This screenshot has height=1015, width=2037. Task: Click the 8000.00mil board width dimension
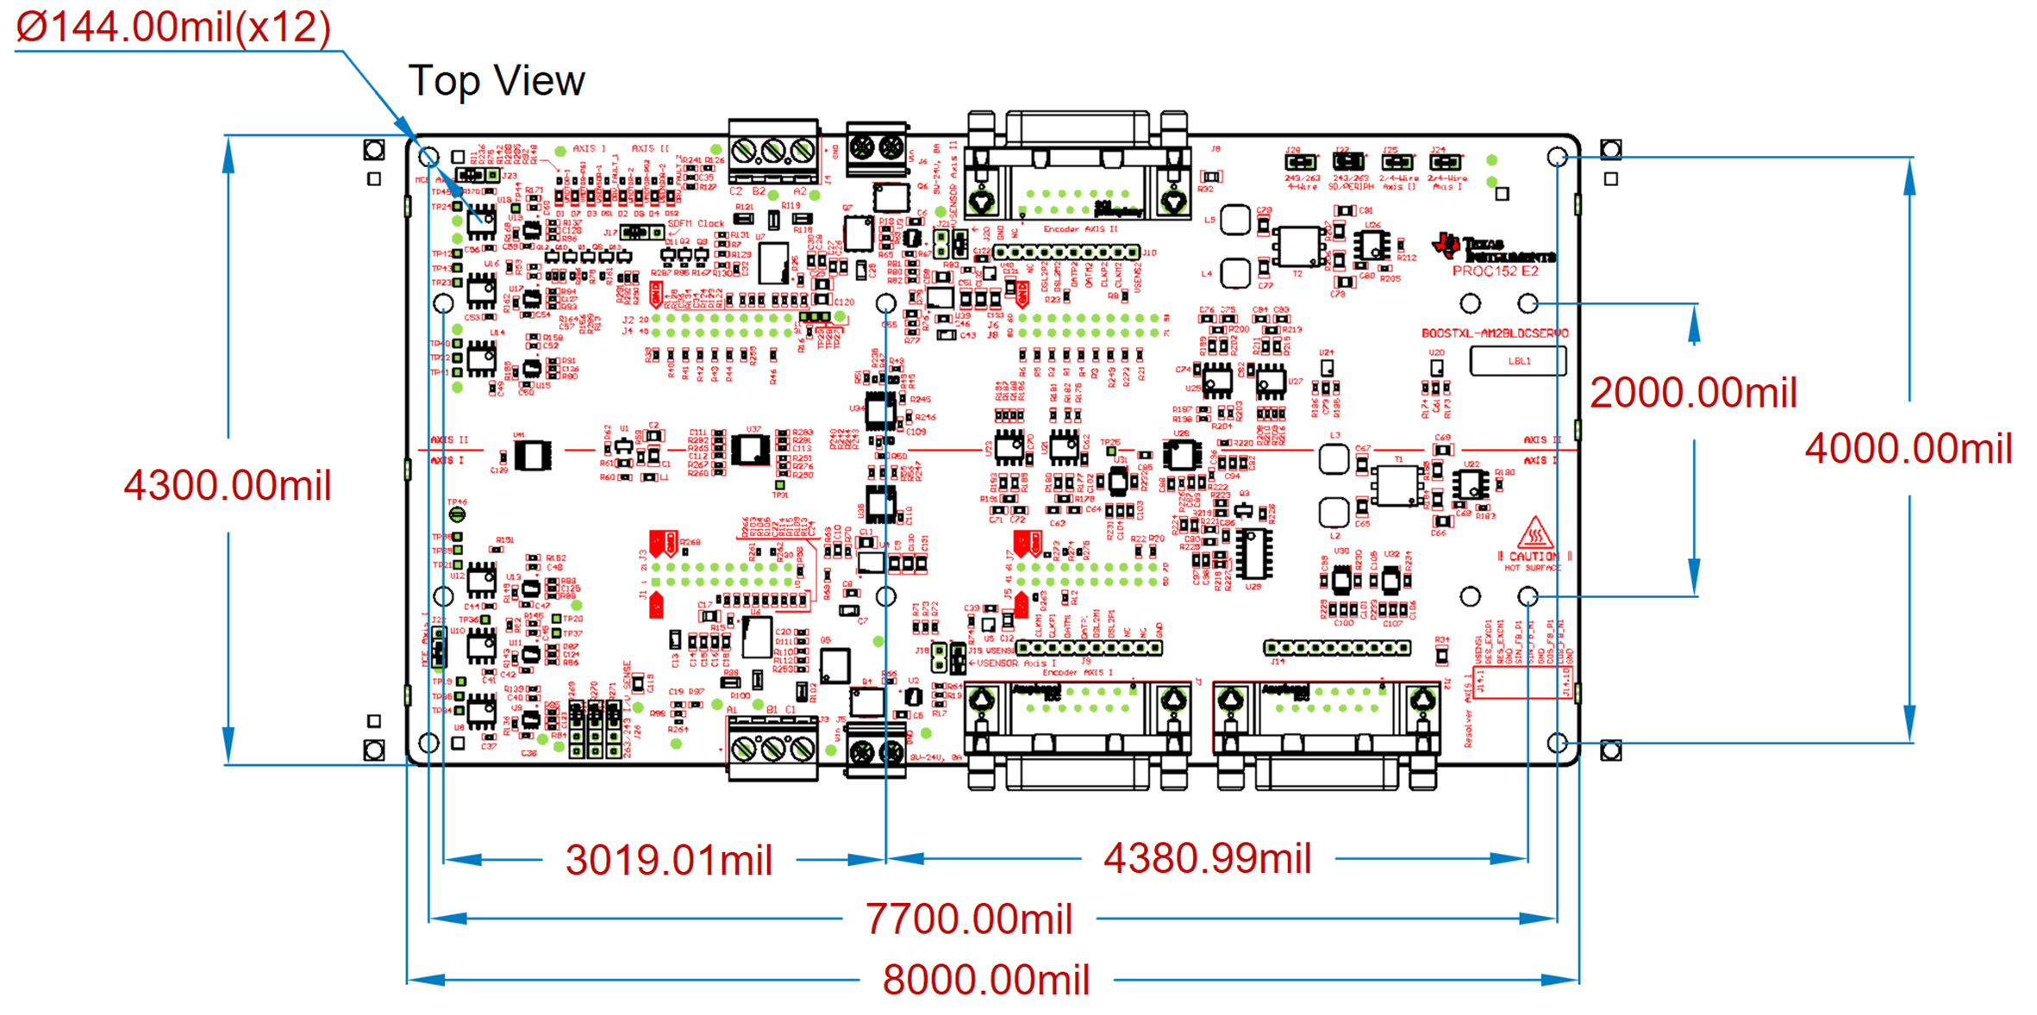985,980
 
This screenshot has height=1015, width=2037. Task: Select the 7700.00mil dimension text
968,918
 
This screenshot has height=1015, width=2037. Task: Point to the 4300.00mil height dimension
228,485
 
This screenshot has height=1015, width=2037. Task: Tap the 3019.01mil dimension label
669,860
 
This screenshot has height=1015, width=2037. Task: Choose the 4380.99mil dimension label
1207,858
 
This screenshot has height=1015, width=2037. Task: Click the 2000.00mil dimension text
1693,393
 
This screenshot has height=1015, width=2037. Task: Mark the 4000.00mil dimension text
1909,449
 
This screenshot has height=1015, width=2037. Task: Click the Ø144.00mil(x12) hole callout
173,28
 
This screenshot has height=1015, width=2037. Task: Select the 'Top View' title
497,81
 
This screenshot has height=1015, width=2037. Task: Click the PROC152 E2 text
1495,271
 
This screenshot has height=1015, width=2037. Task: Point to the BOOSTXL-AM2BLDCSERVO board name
1495,333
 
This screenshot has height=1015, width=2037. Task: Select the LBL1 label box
1518,361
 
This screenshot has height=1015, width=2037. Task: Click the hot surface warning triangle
1534,534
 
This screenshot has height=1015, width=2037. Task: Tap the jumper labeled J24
1446,162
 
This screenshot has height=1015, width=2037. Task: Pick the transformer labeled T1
1397,485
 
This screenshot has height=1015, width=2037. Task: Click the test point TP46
457,514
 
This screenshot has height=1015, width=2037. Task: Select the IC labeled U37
750,449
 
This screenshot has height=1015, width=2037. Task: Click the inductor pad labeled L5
1235,220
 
